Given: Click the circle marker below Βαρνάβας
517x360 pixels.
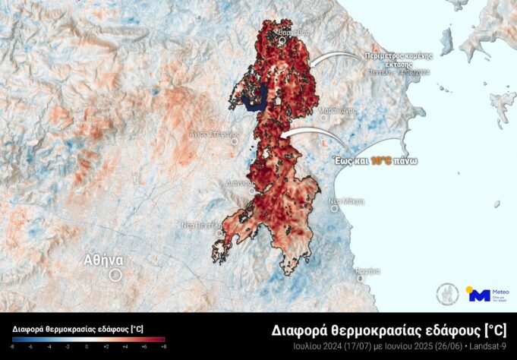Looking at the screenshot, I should point(282,43).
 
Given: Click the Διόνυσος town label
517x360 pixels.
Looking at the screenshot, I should point(238,182).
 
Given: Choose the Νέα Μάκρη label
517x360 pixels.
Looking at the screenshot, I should point(346,202).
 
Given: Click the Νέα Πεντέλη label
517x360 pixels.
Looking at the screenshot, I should point(200,225).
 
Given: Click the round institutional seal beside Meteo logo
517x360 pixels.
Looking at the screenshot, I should point(449,294).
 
